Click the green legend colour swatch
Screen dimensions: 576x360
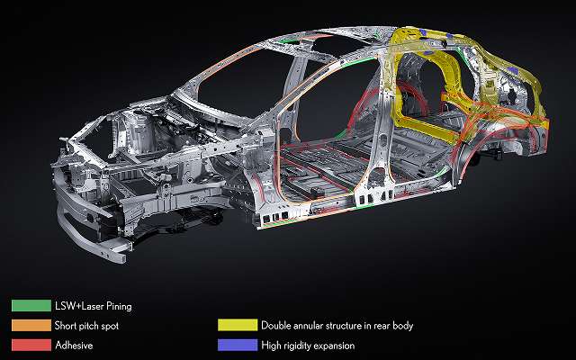[x=31, y=306]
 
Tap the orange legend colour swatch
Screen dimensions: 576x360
[x=31, y=325]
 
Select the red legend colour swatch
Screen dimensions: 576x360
[x=31, y=345]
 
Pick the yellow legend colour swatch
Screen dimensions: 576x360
[x=238, y=325]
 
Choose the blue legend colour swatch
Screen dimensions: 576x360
[x=238, y=345]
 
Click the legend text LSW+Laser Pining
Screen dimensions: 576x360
[x=94, y=306]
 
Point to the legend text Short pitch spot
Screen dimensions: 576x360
[x=86, y=326]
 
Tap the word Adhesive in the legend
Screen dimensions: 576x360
[x=74, y=346]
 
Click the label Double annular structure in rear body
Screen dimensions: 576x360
[x=337, y=326]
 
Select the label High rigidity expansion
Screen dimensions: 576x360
[x=308, y=346]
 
